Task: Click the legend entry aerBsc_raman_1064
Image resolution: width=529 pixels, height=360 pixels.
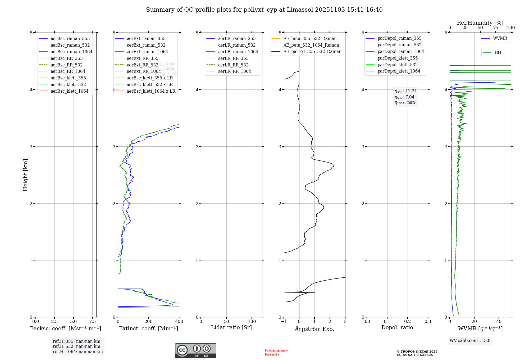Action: coord(71,52)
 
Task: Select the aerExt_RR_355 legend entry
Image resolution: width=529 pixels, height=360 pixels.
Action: coord(142,58)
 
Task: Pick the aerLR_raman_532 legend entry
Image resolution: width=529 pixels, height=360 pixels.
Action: coord(237,45)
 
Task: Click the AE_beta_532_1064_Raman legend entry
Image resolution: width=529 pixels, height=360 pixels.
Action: coord(311,45)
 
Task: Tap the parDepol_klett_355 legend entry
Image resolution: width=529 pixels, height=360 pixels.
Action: coord(398,58)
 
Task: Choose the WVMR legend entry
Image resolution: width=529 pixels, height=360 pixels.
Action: coord(500,38)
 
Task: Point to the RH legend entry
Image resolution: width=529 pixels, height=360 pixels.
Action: coord(498,53)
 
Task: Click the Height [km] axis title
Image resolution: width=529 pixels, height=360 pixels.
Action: coord(25,175)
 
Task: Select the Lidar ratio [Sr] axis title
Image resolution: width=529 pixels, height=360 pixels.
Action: coord(231,327)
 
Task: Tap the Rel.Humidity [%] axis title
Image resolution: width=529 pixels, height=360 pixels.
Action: coord(480,23)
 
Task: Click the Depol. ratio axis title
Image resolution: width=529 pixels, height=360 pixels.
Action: coord(397,327)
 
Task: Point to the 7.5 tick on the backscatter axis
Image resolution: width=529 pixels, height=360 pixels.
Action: coord(92,321)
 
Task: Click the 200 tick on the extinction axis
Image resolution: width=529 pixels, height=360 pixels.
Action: coord(149,321)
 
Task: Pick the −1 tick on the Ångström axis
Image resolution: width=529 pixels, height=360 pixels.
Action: coord(284,321)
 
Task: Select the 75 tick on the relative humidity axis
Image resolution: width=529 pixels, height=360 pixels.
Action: coord(496,28)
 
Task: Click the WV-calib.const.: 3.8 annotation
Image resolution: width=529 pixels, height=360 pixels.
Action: coord(470,341)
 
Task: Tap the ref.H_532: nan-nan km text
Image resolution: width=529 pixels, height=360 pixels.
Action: coord(76,346)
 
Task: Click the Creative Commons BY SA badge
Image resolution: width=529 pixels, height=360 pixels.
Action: coord(195,351)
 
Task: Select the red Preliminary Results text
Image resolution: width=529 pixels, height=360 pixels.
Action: coord(276,352)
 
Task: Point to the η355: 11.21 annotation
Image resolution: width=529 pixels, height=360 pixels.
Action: coord(405,91)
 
